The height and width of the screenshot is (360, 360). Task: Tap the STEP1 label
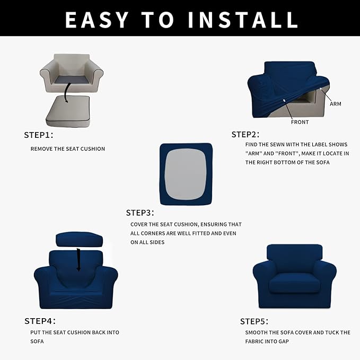pos(39,135)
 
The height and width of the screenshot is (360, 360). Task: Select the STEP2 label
pos(245,135)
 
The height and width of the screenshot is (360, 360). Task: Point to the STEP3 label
pos(140,213)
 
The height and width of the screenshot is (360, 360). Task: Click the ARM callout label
pos(335,104)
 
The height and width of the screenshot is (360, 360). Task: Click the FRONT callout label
pos(300,122)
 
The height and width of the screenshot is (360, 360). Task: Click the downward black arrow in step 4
pos(78,258)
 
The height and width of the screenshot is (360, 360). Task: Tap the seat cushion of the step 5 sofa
pos(294,285)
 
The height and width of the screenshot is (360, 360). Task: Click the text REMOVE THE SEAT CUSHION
pos(68,149)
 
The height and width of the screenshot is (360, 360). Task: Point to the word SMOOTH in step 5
pos(257,332)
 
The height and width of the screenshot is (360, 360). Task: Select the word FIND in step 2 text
pos(251,144)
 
